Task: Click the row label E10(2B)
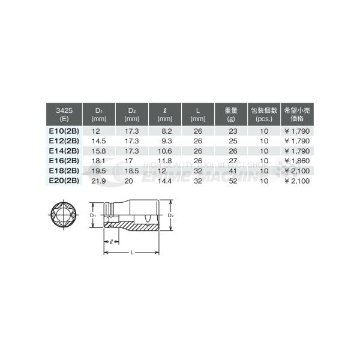(63, 129)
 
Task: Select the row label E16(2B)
(63, 161)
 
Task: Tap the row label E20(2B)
(63, 181)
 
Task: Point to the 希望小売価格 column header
(298, 115)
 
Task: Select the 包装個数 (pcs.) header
(263, 115)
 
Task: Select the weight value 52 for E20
(232, 181)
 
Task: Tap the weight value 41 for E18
(232, 171)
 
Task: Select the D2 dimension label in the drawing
(171, 214)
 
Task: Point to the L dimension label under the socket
(131, 252)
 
